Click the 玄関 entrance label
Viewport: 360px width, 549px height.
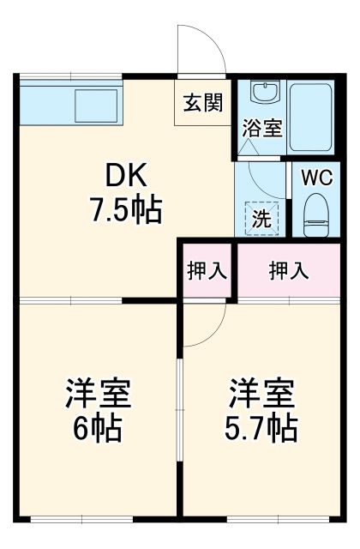(202, 102)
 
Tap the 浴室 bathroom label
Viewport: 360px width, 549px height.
(262, 129)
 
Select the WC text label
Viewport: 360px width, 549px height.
(316, 179)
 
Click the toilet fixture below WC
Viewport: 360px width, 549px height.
(316, 214)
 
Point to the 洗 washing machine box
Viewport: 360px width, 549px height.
(261, 218)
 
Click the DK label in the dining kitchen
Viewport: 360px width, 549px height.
(127, 178)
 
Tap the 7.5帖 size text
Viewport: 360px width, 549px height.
(127, 210)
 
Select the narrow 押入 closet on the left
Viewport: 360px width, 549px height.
(207, 270)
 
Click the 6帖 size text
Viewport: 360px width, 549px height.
(98, 426)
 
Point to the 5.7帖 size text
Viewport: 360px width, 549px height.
(261, 426)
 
